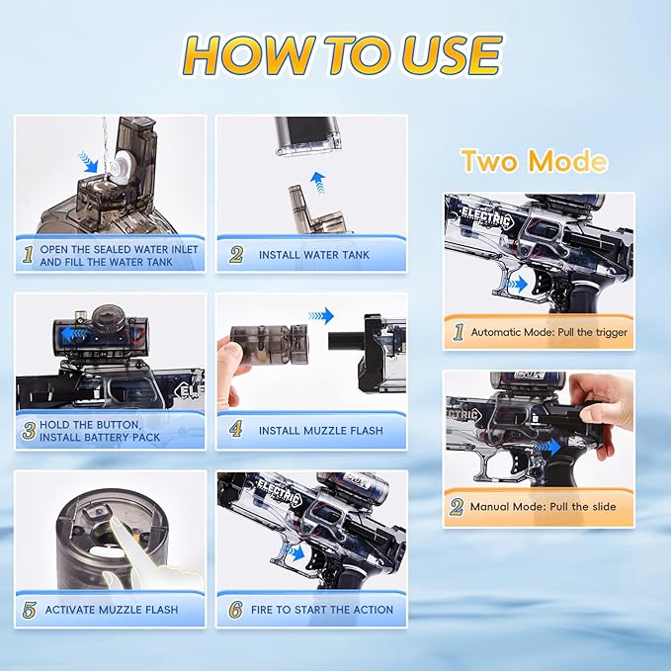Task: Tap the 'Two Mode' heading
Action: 535,160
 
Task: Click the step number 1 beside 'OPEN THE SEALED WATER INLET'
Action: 28,255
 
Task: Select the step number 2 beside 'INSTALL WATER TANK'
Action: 236,255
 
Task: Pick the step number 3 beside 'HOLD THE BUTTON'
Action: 29,431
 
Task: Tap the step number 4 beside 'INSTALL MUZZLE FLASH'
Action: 236,429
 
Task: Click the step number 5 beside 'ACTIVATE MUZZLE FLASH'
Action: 29,610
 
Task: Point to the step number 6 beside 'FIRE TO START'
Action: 236,610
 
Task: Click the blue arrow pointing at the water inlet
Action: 89,163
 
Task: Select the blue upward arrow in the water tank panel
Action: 317,183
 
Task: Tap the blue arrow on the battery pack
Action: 74,335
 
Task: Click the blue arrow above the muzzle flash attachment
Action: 321,316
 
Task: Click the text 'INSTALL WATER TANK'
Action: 313,255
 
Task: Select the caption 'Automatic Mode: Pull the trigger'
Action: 549,332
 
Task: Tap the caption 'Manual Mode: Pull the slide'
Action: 544,507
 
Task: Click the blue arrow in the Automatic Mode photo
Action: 517,284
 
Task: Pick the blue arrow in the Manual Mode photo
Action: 547,448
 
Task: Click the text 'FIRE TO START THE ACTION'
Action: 322,610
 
